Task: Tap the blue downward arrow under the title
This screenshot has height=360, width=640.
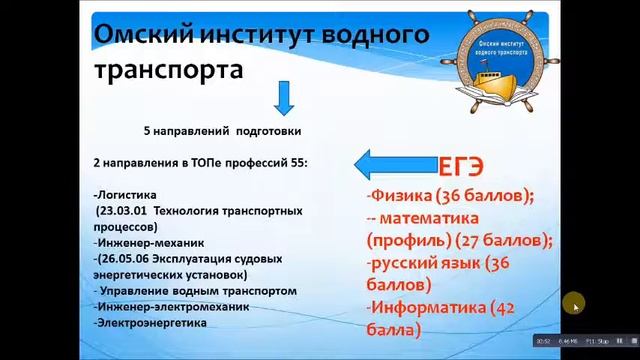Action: [282, 97]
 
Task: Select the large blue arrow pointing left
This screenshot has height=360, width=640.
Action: [393, 163]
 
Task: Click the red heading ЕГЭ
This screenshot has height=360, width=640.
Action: [463, 167]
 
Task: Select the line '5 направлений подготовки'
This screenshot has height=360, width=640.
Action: [221, 130]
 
